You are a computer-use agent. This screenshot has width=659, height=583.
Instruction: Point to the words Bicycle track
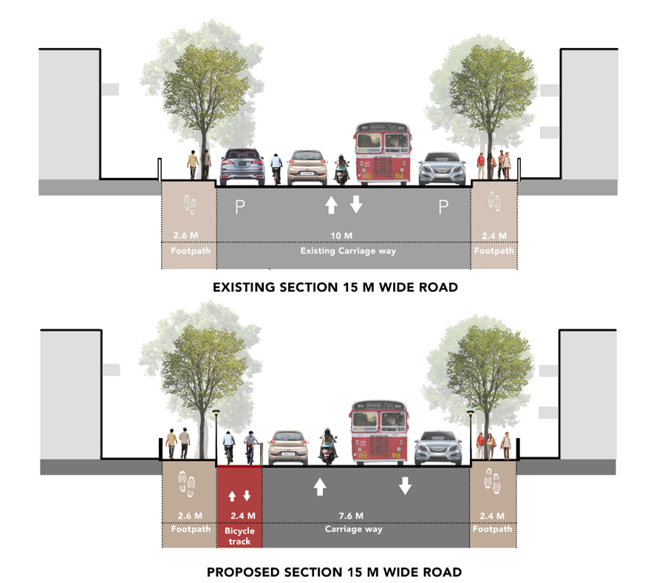pyautogui.click(x=239, y=536)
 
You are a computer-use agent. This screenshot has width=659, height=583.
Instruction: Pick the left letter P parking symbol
pyautogui.click(x=239, y=208)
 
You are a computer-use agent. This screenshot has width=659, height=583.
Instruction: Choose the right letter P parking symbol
pyautogui.click(x=443, y=208)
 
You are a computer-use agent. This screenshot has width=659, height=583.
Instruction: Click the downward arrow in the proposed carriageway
pyautogui.click(x=405, y=485)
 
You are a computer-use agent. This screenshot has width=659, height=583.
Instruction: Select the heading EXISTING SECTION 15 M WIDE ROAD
pyautogui.click(x=335, y=287)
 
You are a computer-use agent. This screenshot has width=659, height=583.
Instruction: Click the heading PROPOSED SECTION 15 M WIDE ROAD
pyautogui.click(x=334, y=572)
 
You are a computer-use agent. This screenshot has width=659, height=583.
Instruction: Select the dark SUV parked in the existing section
pyautogui.click(x=242, y=166)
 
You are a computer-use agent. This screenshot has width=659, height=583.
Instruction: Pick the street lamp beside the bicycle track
pyautogui.click(x=216, y=436)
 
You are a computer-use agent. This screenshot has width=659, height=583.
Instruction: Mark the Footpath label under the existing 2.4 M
pyautogui.click(x=494, y=251)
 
